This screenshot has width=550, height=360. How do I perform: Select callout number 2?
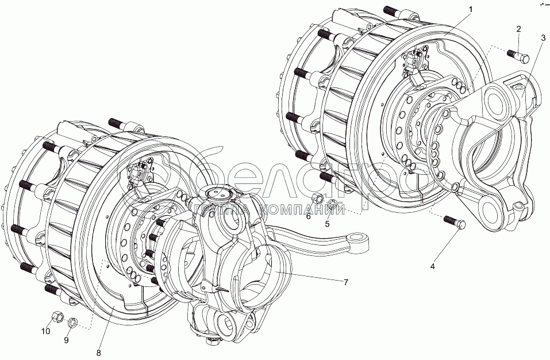(x=518, y=29)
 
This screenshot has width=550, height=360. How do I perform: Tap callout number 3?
(x=543, y=39)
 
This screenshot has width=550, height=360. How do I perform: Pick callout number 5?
(x=327, y=224)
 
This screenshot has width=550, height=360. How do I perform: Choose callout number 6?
(x=308, y=216)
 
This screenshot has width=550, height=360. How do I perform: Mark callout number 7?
(x=346, y=282)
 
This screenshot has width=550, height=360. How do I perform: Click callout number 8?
(x=99, y=353)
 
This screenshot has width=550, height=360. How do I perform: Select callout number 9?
(x=66, y=340)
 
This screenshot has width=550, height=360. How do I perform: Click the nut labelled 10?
(x=57, y=316)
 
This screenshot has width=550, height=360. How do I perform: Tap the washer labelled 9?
(x=72, y=322)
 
